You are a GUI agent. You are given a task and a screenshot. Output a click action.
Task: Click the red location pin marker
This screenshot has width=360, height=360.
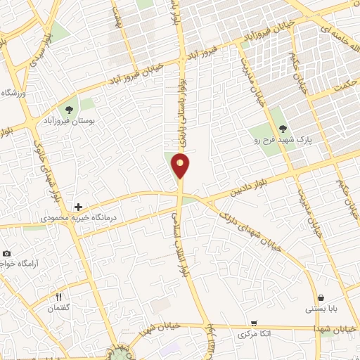click(x=181, y=165)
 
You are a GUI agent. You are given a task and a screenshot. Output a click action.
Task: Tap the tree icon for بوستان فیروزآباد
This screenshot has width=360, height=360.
click(x=69, y=109)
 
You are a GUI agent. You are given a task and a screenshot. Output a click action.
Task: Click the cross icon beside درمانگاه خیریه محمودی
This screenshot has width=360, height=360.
click(x=78, y=207)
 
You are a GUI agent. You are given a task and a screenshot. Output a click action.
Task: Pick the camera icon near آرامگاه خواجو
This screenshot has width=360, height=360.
click(x=6, y=253)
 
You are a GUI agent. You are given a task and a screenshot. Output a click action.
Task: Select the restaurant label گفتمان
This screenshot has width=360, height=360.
click(x=56, y=309)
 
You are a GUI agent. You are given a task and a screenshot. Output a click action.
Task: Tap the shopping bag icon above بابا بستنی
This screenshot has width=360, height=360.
click(x=321, y=297)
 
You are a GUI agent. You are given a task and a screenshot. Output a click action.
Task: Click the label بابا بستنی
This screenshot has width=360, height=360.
click(x=321, y=309)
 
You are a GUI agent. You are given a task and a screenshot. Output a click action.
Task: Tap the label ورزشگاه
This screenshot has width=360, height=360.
click(x=13, y=94)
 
